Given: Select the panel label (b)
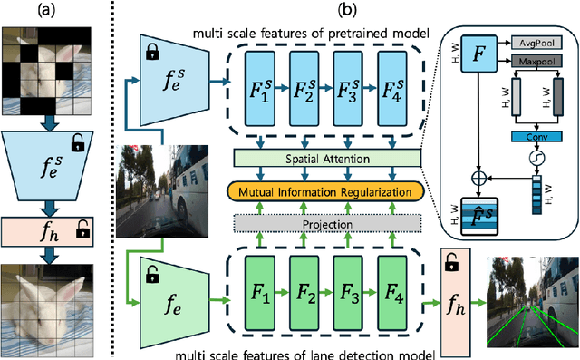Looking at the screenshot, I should click(343, 11).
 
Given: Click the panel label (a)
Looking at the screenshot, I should click(52, 11).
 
